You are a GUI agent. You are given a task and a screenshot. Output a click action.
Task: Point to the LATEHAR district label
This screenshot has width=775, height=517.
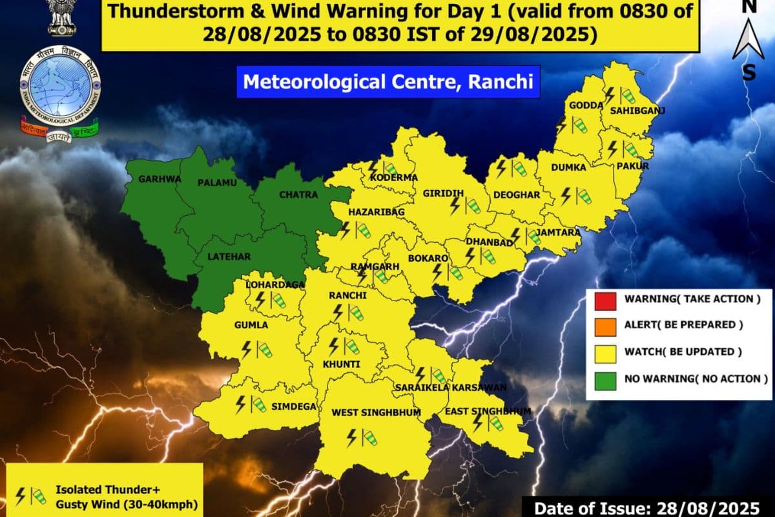pyautogui.click(x=228, y=257)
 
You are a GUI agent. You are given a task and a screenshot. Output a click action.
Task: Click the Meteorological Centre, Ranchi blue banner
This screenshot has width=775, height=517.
pyautogui.click(x=387, y=83)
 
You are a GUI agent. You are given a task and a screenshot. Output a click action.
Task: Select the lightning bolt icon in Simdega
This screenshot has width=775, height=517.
pyautogui.click(x=240, y=405)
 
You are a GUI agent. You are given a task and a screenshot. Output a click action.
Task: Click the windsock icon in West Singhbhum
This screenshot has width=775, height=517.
pyautogui.click(x=368, y=438)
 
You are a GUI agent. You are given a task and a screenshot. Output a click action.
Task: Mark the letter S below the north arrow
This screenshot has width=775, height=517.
pyautogui.click(x=749, y=72)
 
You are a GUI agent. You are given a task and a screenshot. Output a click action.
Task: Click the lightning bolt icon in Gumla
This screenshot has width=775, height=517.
pyautogui.click(x=246, y=350)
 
